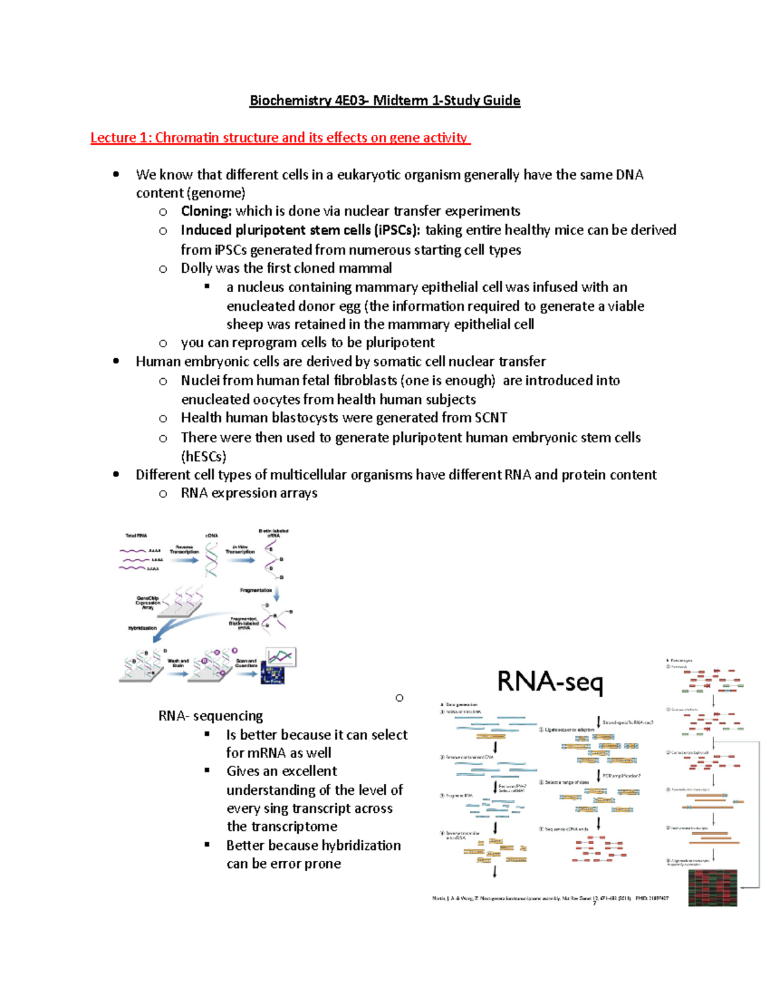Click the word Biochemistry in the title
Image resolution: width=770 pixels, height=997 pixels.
[290, 101]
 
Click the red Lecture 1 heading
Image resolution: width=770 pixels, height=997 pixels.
[280, 138]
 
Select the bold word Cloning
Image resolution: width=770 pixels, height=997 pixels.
[206, 211]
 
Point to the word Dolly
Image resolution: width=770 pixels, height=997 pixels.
[197, 268]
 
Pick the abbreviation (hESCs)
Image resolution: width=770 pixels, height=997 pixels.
[203, 456]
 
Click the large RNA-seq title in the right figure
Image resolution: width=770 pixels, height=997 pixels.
[550, 682]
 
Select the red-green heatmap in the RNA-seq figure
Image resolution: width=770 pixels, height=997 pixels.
[712, 888]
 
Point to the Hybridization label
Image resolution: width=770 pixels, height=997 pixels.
[142, 628]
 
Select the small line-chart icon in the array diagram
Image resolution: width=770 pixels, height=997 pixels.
[281, 657]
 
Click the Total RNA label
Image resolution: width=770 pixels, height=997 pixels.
[136, 535]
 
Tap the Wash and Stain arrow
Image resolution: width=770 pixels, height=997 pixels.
[178, 673]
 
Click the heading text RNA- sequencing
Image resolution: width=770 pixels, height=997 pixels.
[210, 716]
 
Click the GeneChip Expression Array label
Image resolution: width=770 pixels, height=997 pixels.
[148, 603]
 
